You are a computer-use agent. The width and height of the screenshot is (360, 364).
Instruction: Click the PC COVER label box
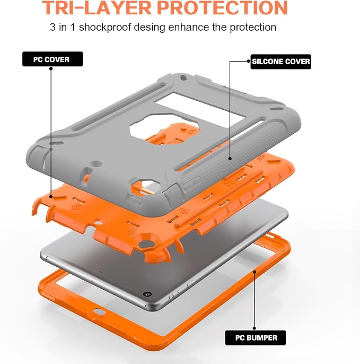coord(52,59)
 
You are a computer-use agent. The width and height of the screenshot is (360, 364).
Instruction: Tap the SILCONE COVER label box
coord(280,62)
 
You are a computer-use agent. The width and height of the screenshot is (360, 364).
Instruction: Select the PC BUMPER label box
coord(256,338)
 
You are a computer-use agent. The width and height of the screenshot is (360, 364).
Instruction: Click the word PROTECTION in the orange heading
coord(222,8)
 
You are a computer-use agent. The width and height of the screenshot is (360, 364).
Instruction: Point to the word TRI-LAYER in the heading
coord(96,8)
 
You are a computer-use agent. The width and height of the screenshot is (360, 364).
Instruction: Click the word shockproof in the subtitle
coord(105,28)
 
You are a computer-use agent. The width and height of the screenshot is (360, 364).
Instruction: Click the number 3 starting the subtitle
coord(52,27)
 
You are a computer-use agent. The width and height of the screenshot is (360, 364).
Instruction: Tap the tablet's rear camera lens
coord(147,294)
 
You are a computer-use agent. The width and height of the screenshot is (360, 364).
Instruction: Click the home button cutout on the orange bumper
coord(99,311)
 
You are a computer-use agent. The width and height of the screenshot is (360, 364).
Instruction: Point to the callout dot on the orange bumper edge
coord(254,272)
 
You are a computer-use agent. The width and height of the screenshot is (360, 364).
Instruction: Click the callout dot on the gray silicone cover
coord(230,159)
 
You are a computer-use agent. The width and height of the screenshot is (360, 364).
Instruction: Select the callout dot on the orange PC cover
coord(51,197)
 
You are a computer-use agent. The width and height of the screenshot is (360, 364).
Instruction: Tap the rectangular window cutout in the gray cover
coord(200,108)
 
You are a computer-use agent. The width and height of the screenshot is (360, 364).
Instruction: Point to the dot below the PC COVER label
coord(51,68)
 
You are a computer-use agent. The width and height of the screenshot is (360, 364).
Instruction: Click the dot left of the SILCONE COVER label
coord(249,62)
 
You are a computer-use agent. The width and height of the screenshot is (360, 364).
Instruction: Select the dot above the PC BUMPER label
coord(254,328)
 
